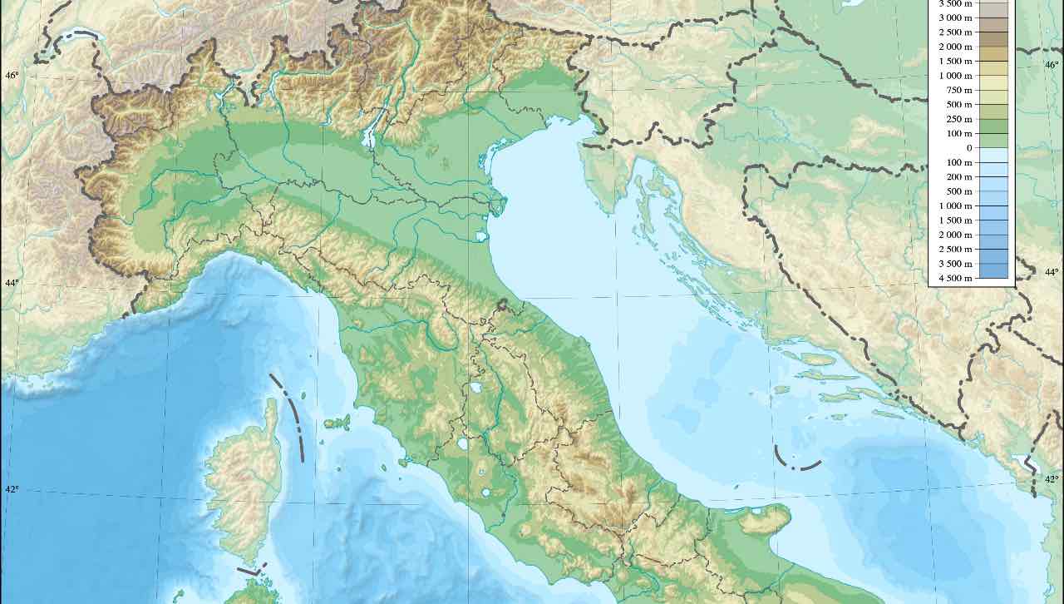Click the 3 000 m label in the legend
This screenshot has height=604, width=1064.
955,17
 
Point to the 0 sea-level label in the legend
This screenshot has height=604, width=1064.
968,148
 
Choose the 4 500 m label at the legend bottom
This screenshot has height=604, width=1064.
954,278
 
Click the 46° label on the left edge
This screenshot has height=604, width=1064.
12,76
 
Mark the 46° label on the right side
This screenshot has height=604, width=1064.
1052,65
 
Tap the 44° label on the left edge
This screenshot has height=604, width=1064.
12,283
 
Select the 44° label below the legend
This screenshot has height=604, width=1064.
1052,272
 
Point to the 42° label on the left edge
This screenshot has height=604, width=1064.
12,489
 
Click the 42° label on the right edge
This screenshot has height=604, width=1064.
1052,479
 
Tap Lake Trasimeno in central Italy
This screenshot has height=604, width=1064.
475,388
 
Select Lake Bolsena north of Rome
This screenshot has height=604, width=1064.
462,443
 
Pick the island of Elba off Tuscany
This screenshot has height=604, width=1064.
337,422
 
